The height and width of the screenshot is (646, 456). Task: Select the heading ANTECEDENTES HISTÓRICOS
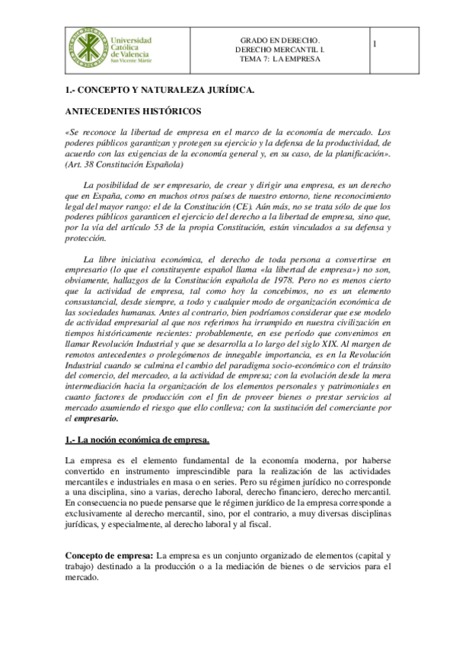point(133,111)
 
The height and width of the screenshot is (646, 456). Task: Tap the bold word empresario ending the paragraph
point(95,418)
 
